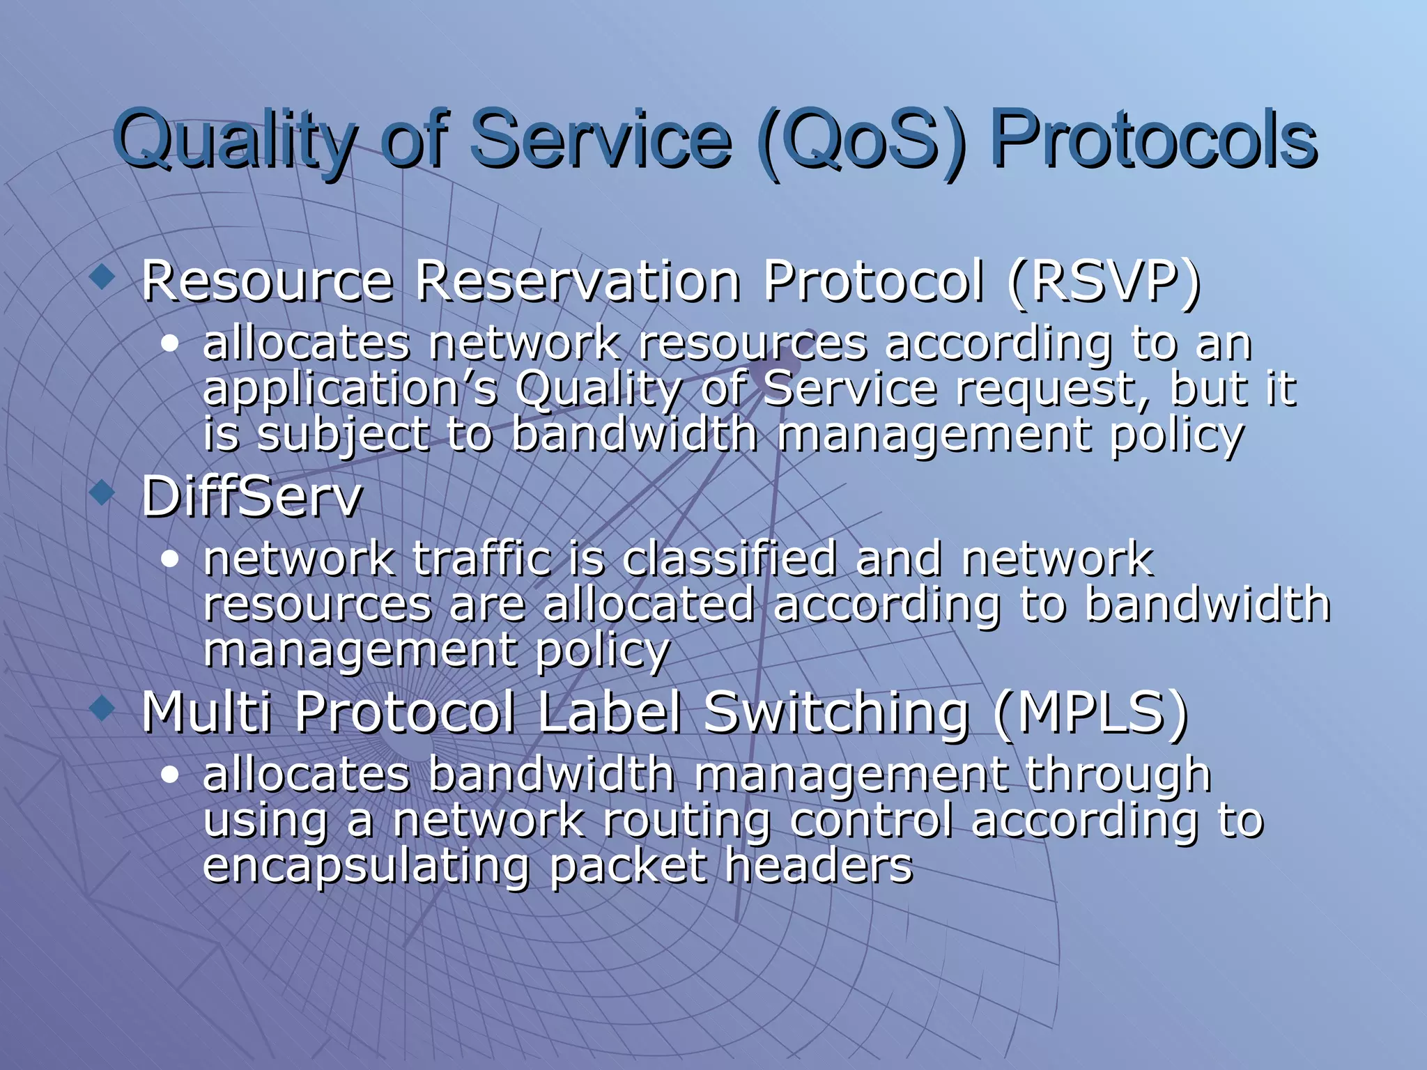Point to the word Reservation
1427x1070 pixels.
578,281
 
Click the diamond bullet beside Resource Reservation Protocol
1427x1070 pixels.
102,277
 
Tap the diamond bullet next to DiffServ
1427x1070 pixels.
102,493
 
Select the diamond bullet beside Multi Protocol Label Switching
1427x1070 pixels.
102,709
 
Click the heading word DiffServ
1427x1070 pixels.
252,497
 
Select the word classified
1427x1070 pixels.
729,559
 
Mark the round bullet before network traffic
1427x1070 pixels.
169,559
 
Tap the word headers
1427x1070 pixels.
818,865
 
